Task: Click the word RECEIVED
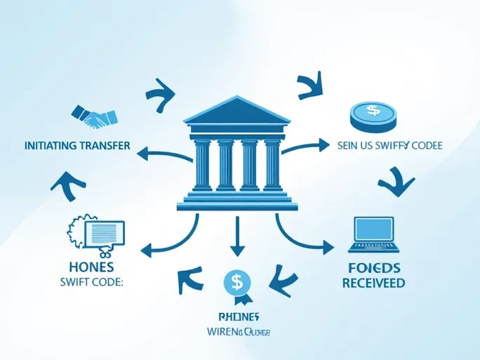coord(373,283)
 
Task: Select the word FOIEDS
coord(374,267)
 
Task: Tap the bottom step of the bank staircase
coord(237,206)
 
